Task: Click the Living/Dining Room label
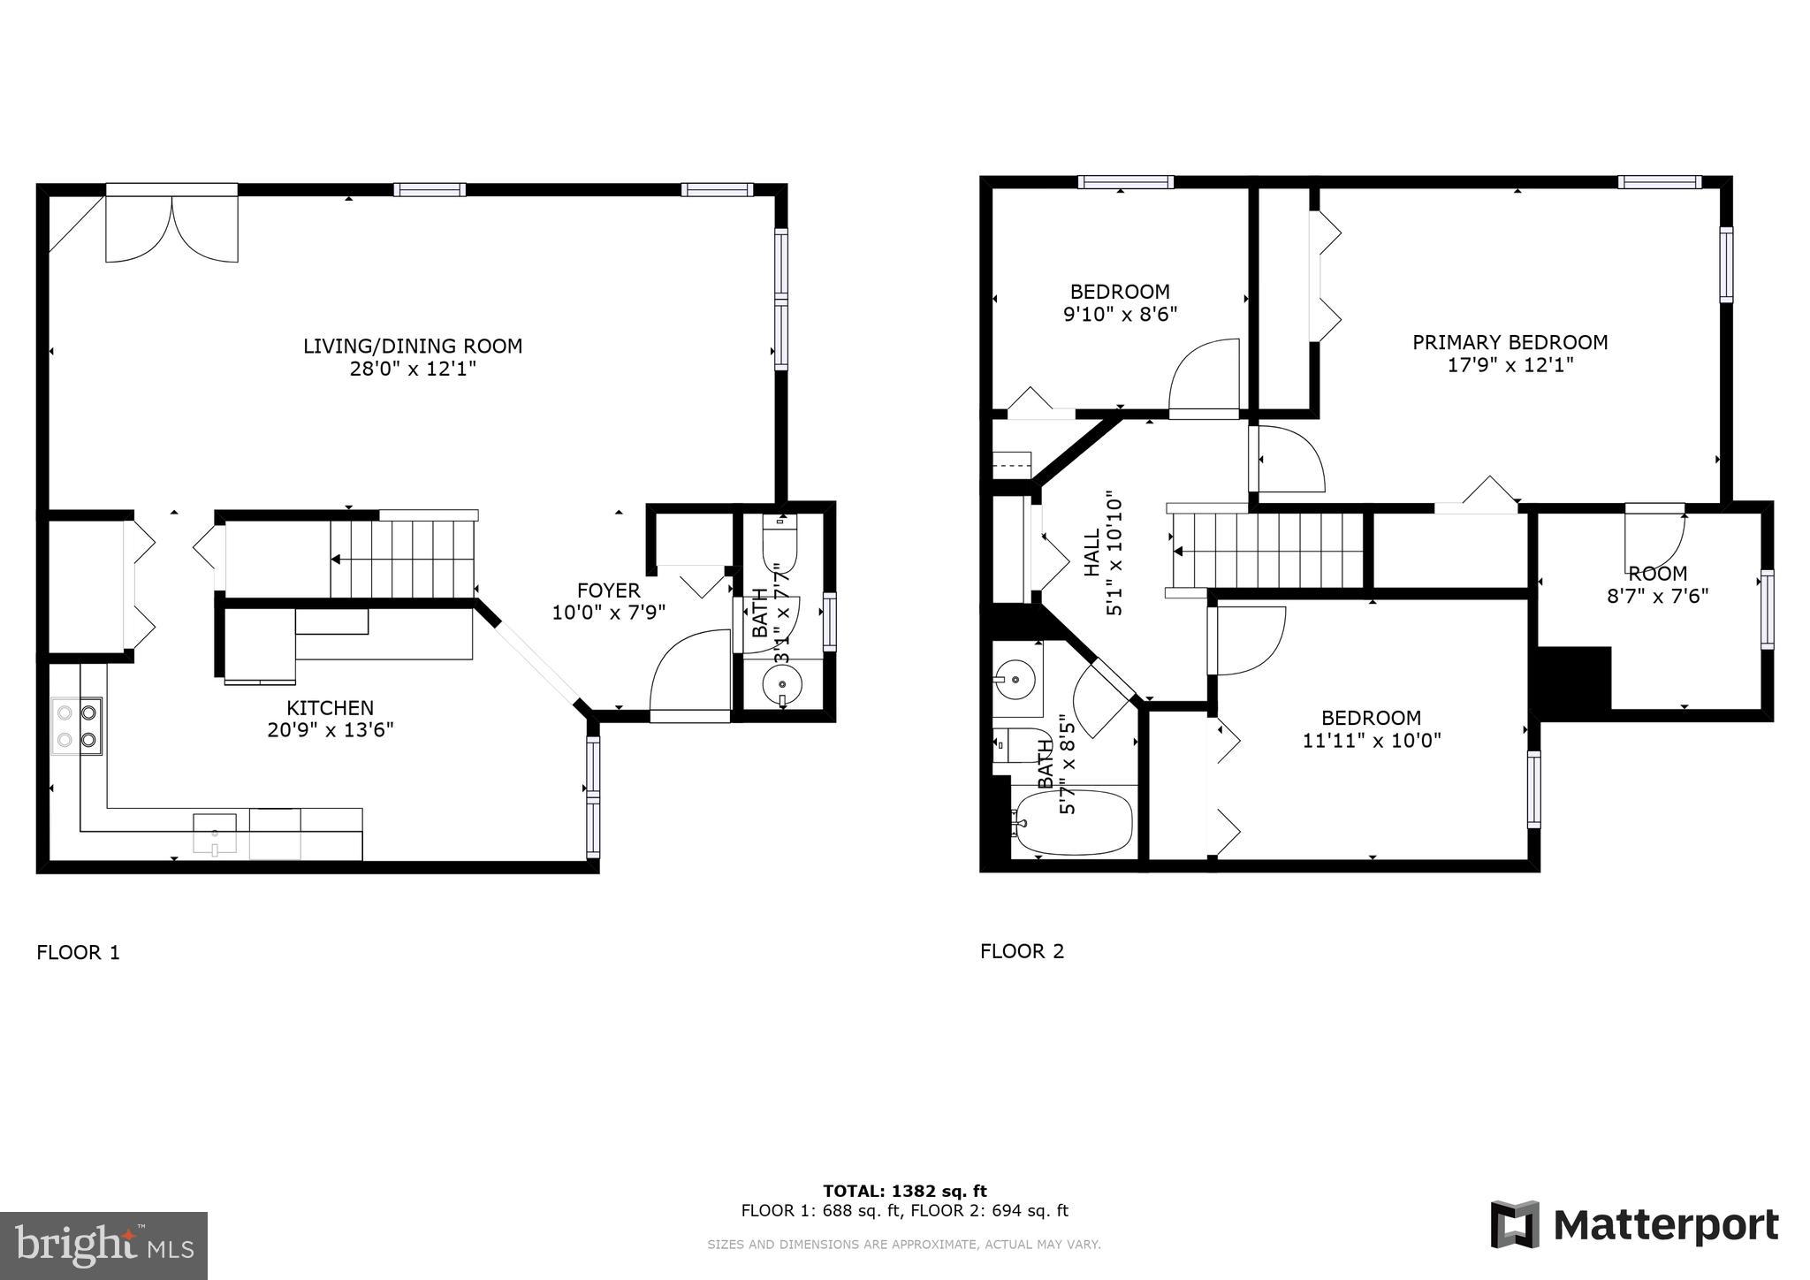[x=413, y=346]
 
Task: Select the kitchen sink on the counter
[x=215, y=834]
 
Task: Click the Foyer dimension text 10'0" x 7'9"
[x=608, y=612]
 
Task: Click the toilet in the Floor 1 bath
[x=780, y=545]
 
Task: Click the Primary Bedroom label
[x=1510, y=342]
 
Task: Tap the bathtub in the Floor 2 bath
[x=1074, y=822]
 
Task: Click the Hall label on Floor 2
[x=1093, y=552]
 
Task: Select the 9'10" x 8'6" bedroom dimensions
[x=1120, y=314]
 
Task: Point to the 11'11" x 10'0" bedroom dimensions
[x=1371, y=741]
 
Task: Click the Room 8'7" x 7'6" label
[x=1657, y=584]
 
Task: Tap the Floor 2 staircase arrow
[x=1179, y=552]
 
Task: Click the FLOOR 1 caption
[x=78, y=952]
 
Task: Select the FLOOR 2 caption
[x=1022, y=951]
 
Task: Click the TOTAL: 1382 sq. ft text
[x=904, y=1191]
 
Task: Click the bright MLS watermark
[x=103, y=1246]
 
